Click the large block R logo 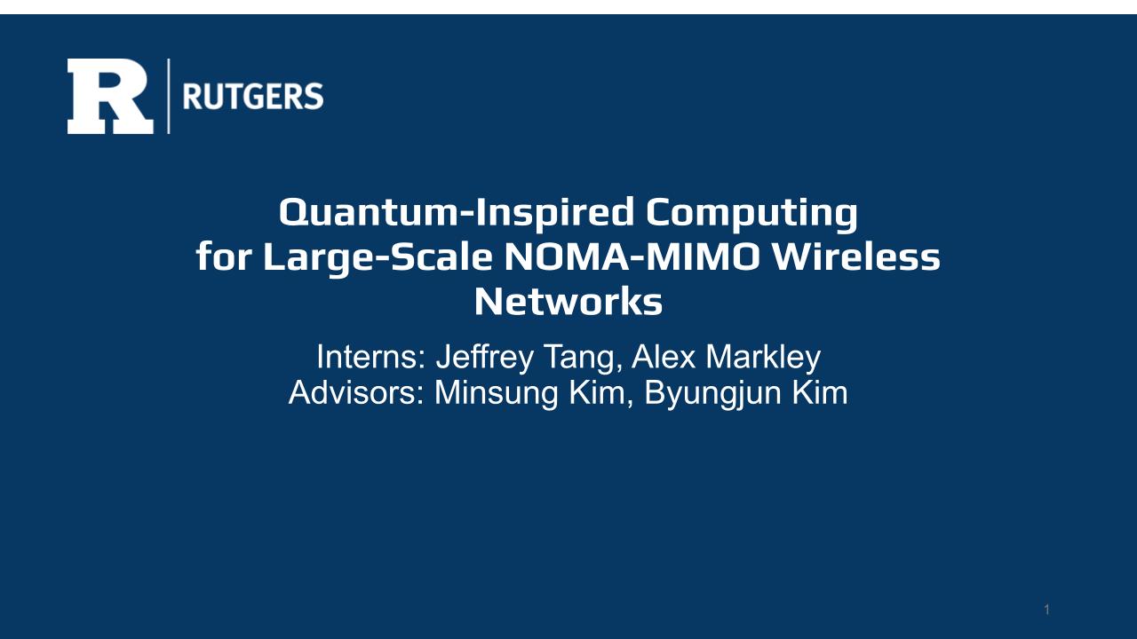point(110,97)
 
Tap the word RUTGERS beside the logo point(253,97)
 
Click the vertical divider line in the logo point(169,97)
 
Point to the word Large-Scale point(378,258)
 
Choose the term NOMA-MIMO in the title point(632,256)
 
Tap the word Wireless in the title point(855,256)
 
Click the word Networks point(568,302)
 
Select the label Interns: point(371,357)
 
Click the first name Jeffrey point(485,359)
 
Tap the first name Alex point(664,357)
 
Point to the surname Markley point(763,359)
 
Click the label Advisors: point(356,393)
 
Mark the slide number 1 point(1047,609)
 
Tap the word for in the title point(224,256)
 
